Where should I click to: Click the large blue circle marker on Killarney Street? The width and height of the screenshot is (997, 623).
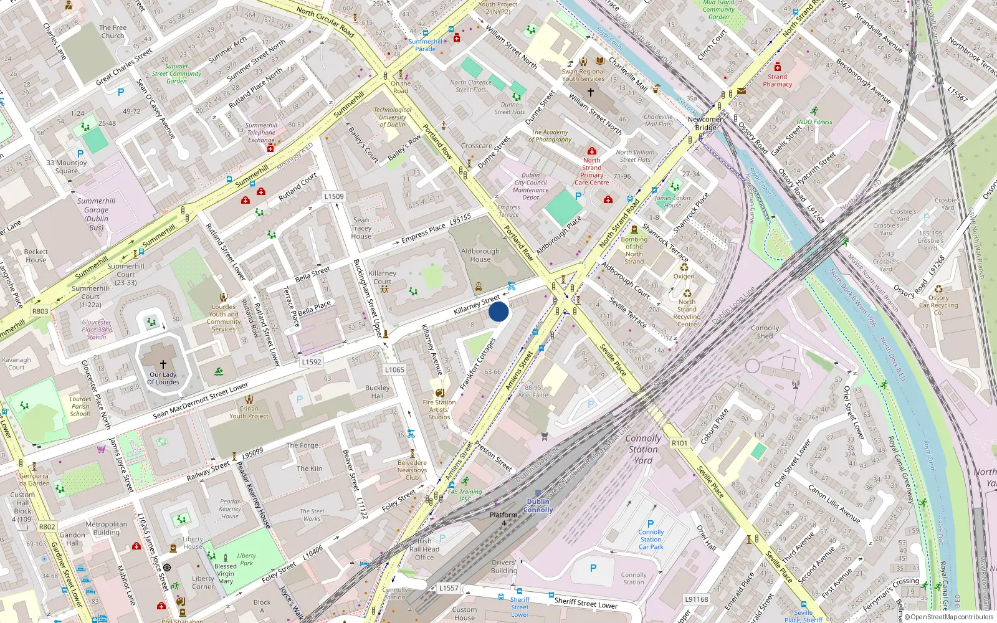tap(499, 311)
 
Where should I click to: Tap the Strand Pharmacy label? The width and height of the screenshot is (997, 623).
tap(777, 80)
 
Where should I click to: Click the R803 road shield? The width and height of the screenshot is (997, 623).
tap(41, 311)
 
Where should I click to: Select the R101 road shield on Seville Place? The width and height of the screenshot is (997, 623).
tap(679, 443)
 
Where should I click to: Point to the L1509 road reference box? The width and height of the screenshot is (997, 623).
tap(333, 196)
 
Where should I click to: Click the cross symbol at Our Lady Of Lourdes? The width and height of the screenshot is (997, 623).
tap(163, 364)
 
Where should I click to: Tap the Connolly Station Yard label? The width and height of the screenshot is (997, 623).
tap(643, 449)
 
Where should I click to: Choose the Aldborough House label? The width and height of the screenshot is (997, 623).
tap(480, 255)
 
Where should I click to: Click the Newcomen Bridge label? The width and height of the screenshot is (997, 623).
tap(705, 123)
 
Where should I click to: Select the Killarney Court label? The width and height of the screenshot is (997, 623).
tap(382, 277)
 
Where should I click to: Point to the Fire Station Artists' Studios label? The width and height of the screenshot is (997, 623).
tap(439, 409)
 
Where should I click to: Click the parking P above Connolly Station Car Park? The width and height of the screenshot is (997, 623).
tap(651, 524)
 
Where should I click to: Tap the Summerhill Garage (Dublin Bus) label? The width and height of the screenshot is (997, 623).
tap(96, 214)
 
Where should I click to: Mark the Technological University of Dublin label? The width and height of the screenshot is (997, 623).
tap(393, 117)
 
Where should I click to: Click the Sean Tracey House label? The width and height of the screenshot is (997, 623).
tap(361, 228)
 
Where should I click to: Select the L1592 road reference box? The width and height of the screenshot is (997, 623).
tap(312, 361)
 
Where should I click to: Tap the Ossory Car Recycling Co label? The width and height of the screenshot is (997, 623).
tap(938, 305)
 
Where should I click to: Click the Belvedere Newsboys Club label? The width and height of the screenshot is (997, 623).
tap(412, 470)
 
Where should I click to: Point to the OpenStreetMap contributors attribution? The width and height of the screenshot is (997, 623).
tap(949, 617)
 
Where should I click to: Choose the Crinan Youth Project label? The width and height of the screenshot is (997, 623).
tap(249, 412)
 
